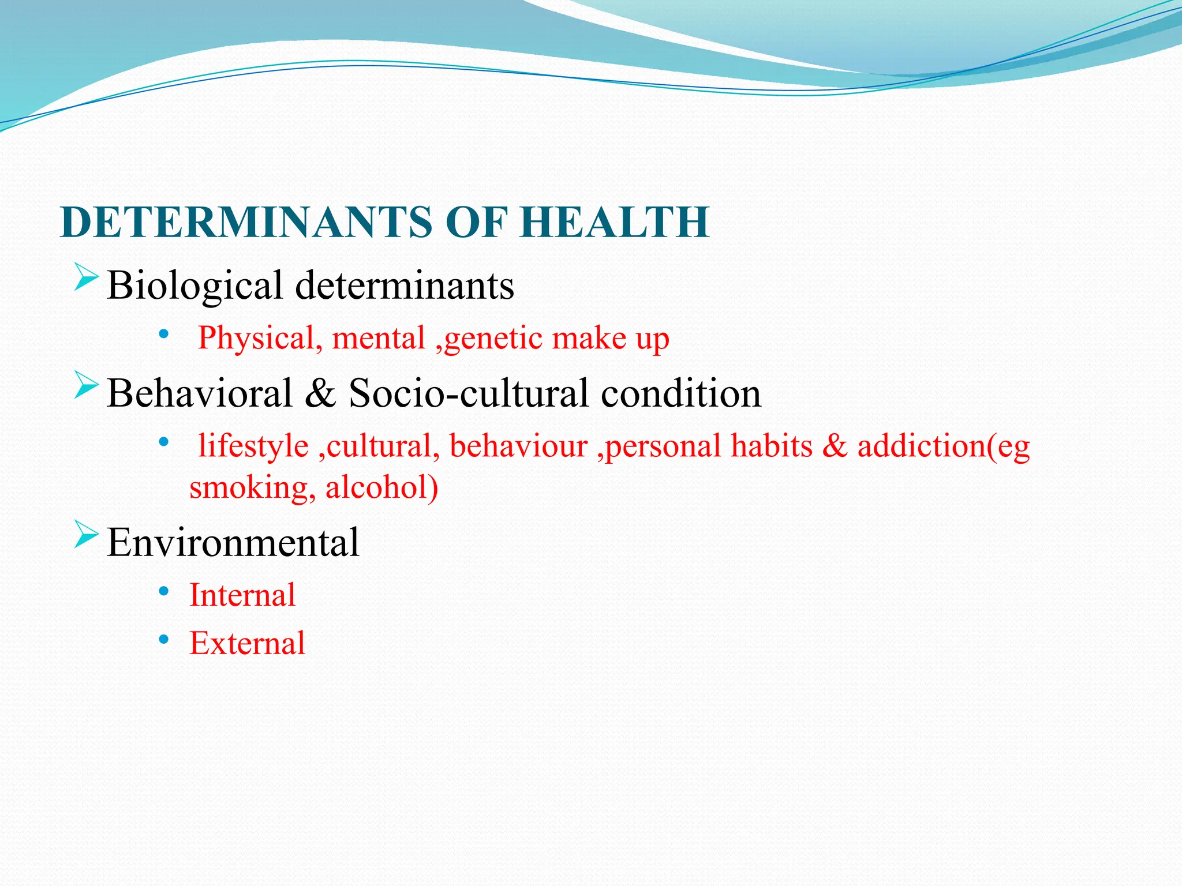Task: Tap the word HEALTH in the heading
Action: coord(615,222)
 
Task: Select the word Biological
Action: coord(194,286)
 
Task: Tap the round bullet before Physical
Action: coord(164,334)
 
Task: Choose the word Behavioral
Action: coord(200,393)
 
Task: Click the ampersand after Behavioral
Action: coord(320,393)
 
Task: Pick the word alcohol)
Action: coord(381,487)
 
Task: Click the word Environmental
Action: coord(233,543)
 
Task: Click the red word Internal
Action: coord(242,595)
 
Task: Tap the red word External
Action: coord(247,643)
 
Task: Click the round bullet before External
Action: coord(164,639)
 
